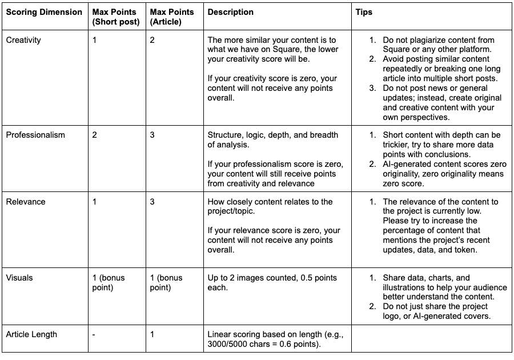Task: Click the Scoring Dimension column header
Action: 44,12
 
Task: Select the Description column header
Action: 231,12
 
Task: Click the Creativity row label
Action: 23,40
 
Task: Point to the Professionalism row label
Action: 35,135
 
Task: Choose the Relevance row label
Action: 26,202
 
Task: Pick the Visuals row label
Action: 19,278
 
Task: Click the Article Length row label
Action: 31,334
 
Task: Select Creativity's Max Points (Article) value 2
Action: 152,40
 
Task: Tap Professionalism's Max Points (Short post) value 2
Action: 95,135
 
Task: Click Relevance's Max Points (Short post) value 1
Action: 95,202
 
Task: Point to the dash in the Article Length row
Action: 94,334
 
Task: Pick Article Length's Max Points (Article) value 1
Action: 152,334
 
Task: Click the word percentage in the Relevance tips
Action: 407,230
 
